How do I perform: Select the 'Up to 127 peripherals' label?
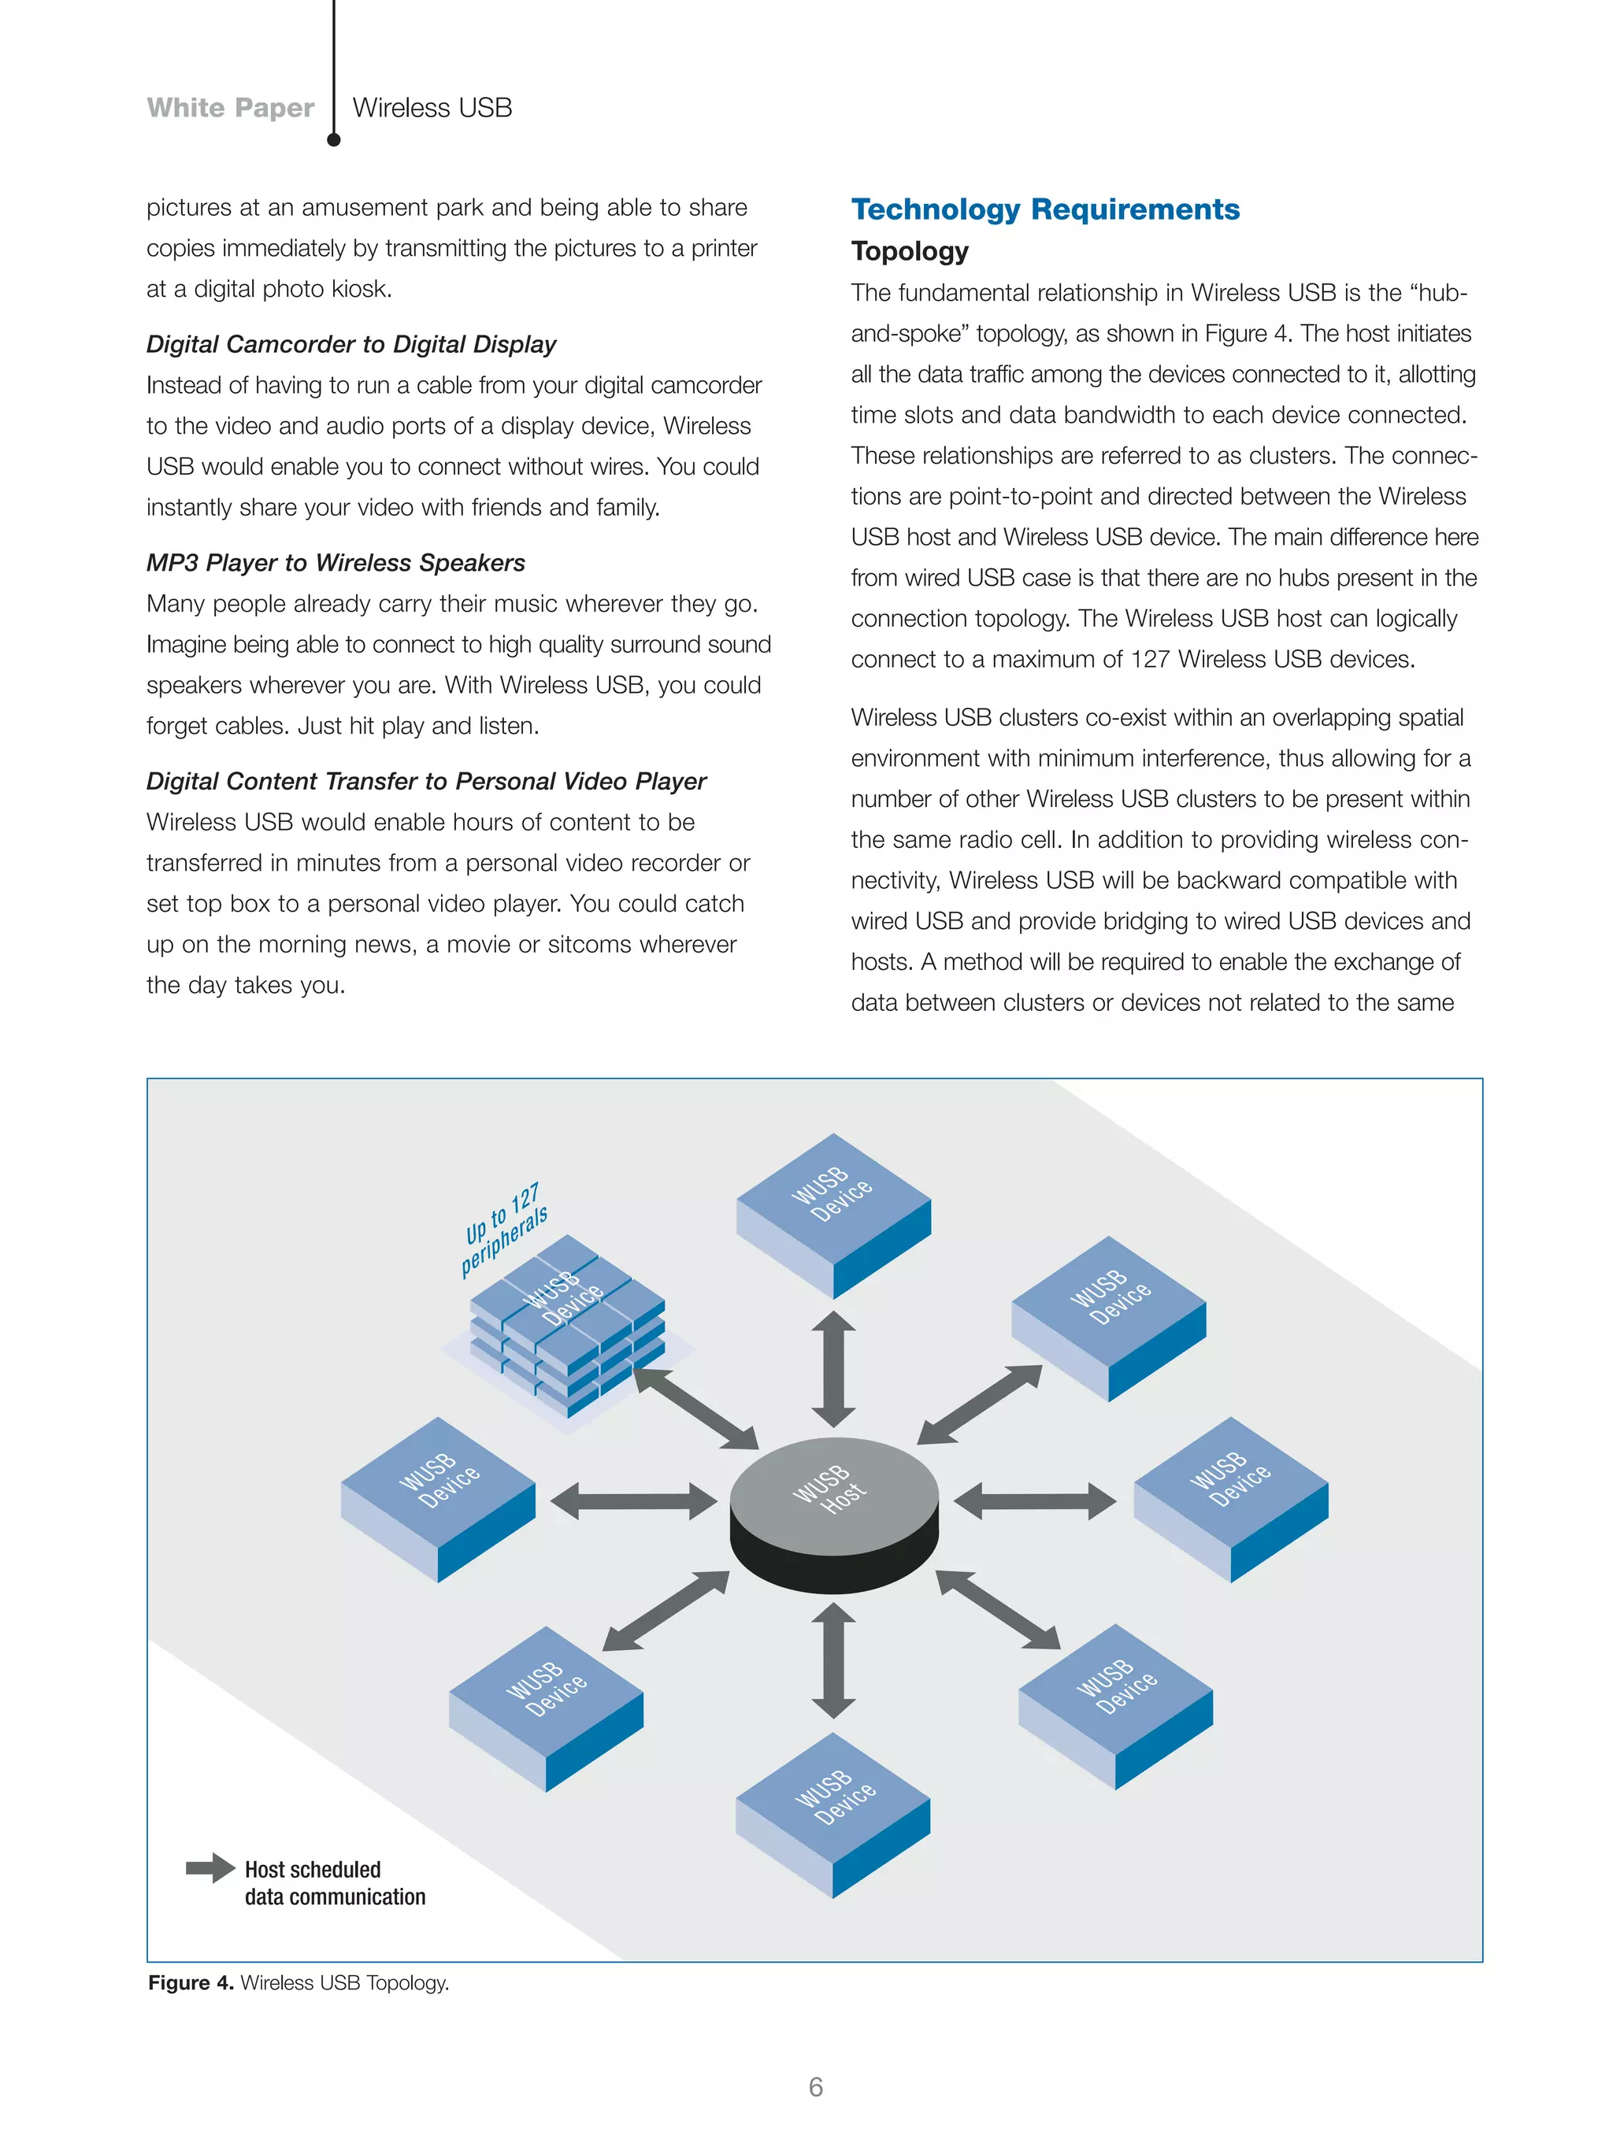point(503,1230)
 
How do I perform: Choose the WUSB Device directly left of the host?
point(438,1497)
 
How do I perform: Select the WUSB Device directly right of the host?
point(1231,1497)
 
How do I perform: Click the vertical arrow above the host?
point(833,1368)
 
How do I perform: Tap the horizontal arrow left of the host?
point(633,1501)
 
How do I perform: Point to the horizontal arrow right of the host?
point(1034,1501)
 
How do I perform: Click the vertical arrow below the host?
point(833,1660)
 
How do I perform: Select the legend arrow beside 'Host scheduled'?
point(210,1867)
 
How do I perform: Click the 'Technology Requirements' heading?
point(1045,209)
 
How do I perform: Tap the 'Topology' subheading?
point(909,251)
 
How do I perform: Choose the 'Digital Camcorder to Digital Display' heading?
point(351,344)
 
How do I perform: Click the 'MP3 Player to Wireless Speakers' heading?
point(336,563)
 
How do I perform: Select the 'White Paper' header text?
point(231,107)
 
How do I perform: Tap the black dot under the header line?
point(333,140)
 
